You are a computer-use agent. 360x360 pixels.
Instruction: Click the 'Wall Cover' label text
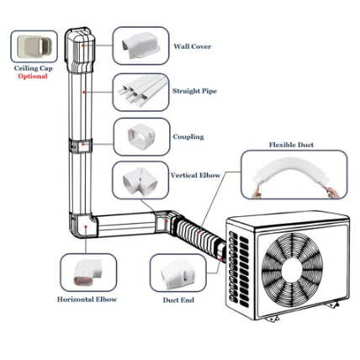[193, 46]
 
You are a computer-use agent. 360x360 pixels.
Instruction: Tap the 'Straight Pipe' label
[194, 91]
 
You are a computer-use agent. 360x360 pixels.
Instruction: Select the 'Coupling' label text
[188, 137]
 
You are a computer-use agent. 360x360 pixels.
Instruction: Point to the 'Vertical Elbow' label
[195, 175]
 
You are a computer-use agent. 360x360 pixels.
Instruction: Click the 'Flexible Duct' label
[291, 145]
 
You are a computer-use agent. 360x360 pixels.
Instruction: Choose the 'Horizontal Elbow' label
[87, 299]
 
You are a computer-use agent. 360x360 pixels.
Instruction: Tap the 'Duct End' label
[178, 300]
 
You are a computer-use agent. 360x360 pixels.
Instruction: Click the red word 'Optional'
[33, 77]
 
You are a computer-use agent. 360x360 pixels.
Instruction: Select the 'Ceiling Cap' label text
[33, 68]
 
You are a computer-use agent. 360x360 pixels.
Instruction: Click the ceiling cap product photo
[34, 46]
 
